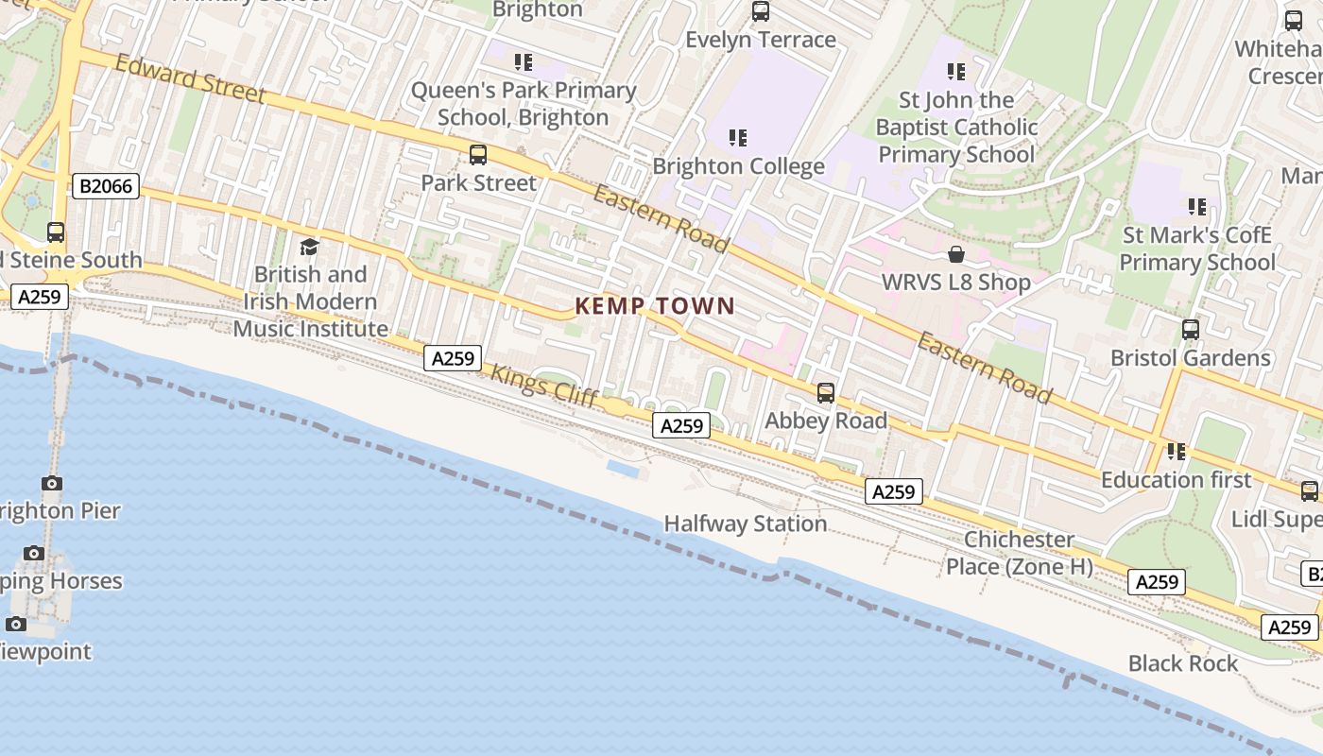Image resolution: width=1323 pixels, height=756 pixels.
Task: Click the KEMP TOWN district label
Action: click(655, 305)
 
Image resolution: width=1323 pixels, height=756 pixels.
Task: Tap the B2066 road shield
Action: click(106, 186)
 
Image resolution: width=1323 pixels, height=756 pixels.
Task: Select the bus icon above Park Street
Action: click(478, 155)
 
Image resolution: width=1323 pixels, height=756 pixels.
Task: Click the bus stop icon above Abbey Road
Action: click(826, 393)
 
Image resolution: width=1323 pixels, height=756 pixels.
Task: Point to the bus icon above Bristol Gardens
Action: click(1191, 330)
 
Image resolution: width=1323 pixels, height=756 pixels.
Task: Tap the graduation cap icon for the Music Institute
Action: click(309, 248)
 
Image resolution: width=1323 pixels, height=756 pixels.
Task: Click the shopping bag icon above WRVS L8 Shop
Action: click(956, 254)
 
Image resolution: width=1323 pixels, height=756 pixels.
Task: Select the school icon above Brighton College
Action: click(738, 138)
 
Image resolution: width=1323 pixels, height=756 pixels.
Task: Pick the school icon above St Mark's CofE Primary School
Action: click(1197, 206)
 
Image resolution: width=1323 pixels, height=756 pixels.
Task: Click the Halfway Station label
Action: click(746, 524)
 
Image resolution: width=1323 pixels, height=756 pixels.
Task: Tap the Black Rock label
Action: click(1183, 663)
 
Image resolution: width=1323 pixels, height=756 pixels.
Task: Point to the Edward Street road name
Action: click(190, 77)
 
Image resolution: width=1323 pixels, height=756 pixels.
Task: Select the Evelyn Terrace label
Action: click(761, 40)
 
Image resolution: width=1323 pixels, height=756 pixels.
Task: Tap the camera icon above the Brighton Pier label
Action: click(52, 484)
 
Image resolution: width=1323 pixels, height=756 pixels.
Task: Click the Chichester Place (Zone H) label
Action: click(1020, 553)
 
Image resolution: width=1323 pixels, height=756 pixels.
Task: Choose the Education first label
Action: click(1177, 480)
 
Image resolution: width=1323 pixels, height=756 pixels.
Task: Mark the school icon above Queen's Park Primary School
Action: click(524, 62)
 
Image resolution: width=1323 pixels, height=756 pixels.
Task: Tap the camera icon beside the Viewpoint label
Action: click(16, 624)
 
